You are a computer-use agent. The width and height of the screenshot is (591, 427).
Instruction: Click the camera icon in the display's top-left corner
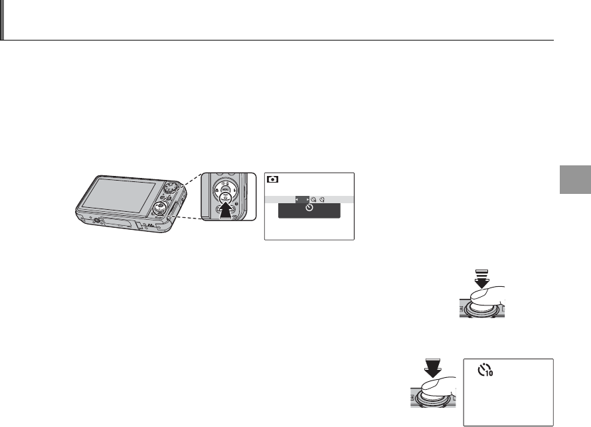tap(272, 179)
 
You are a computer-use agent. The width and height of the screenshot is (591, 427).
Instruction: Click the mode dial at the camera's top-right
tap(173, 184)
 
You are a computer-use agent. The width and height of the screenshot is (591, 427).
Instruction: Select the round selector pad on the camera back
tap(158, 209)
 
